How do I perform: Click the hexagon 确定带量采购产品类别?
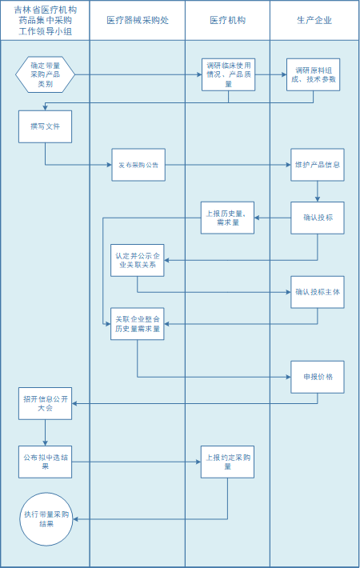click(45, 74)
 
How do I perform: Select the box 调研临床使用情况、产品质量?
click(228, 74)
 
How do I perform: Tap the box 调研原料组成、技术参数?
click(314, 74)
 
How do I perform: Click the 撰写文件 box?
click(46, 126)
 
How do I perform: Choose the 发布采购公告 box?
click(138, 165)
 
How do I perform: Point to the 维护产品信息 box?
click(318, 165)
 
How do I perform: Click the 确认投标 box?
click(318, 218)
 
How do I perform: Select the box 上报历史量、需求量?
click(227, 218)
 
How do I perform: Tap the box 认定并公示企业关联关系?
click(138, 260)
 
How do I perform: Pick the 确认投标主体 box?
click(318, 292)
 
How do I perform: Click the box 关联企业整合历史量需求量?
click(138, 324)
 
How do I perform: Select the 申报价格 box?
click(318, 377)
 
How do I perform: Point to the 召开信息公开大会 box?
click(46, 403)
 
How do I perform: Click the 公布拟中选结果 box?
click(46, 462)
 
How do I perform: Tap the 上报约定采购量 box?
click(227, 462)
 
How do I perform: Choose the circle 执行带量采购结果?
click(46, 519)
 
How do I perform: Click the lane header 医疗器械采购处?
click(138, 20)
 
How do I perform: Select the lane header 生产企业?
click(314, 20)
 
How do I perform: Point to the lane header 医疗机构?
click(227, 20)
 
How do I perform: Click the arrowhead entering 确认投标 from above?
click(318, 199)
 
